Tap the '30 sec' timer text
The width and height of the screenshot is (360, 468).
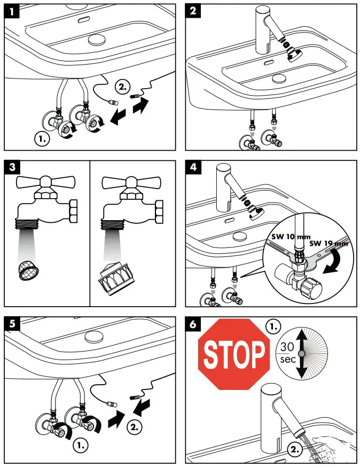pyautogui.click(x=287, y=353)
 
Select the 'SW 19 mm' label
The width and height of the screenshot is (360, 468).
pyautogui.click(x=330, y=243)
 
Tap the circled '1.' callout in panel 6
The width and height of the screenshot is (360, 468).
pyautogui.click(x=273, y=326)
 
